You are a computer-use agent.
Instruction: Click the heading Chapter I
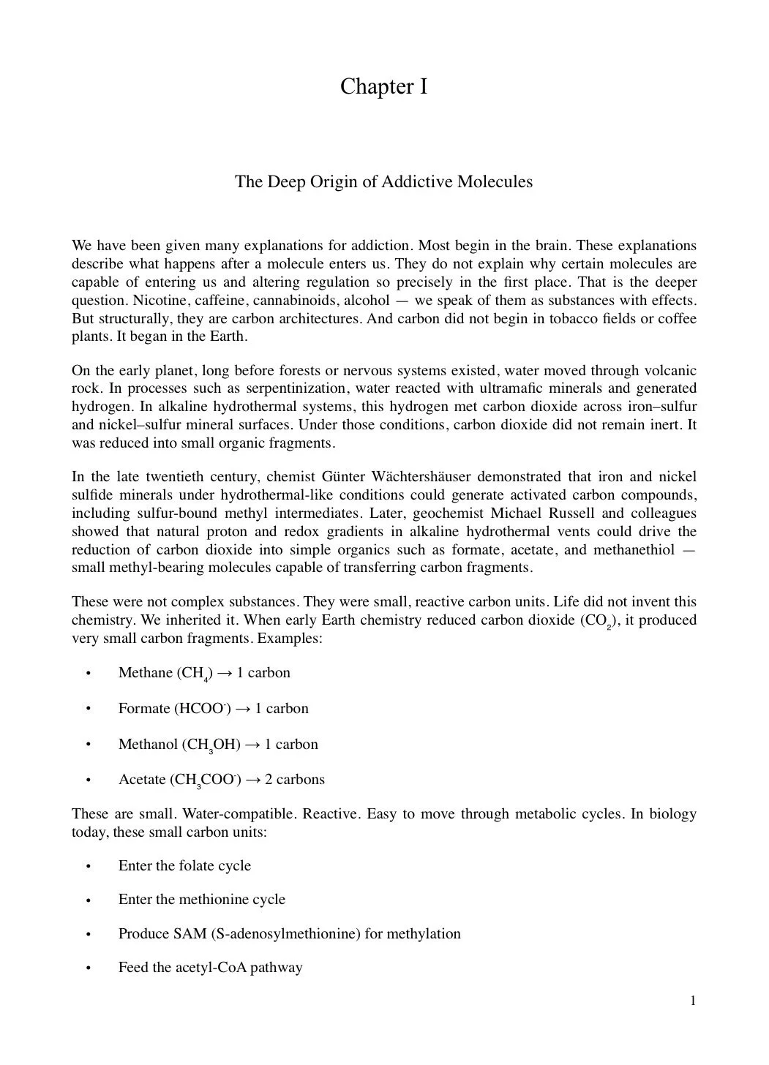(383, 86)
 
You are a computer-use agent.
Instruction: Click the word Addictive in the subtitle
(417, 181)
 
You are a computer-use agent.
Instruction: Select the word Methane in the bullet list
(146, 673)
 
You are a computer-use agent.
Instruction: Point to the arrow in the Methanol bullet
(252, 745)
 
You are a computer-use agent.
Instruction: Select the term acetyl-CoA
(210, 968)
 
